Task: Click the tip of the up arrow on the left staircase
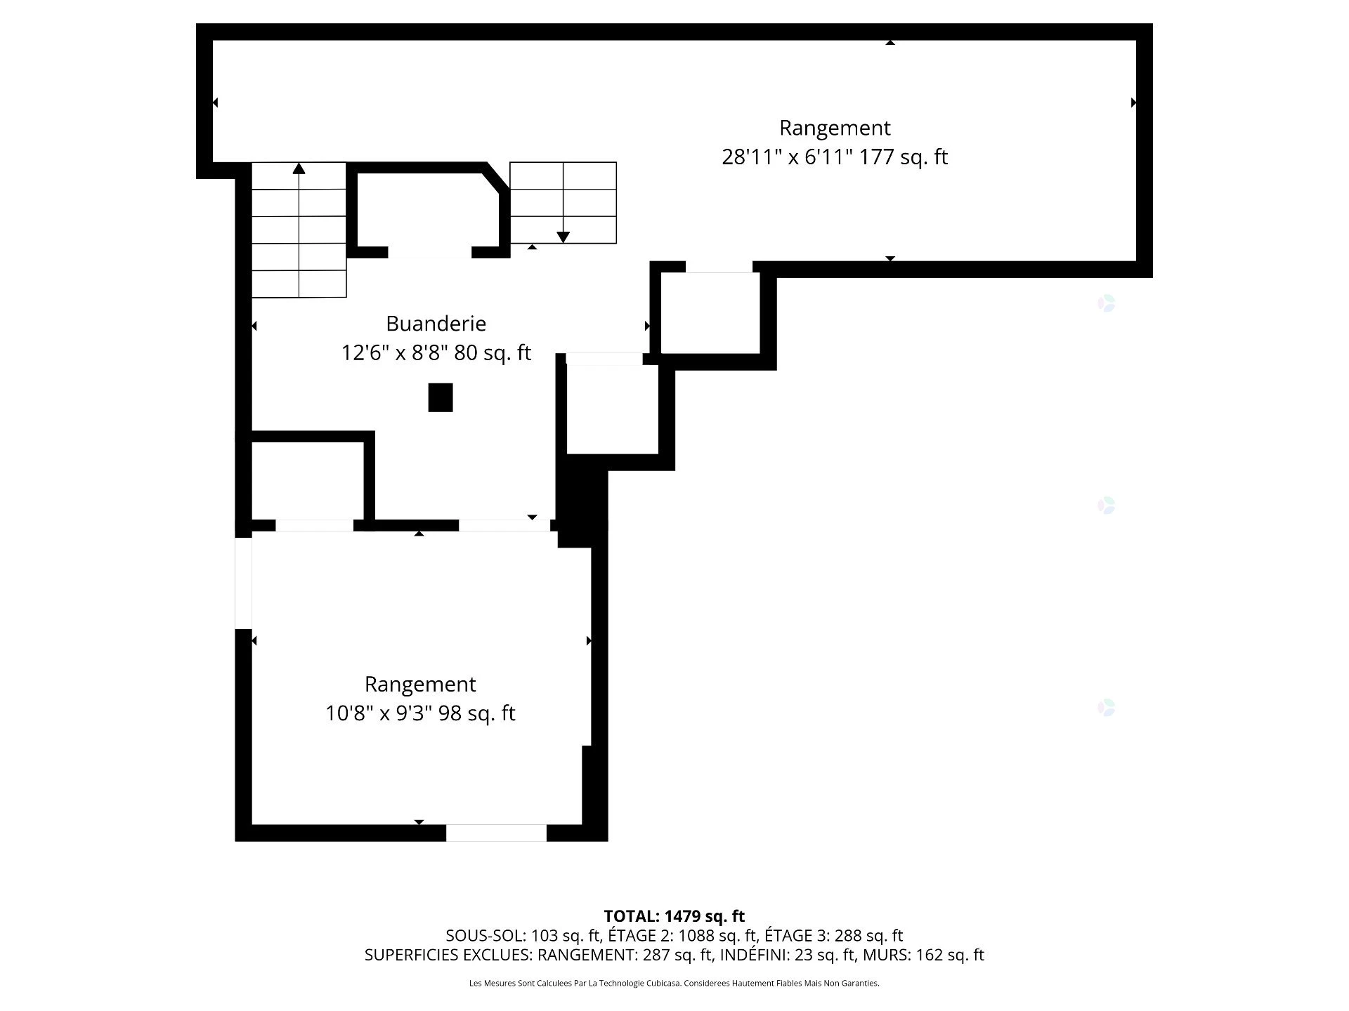tap(299, 164)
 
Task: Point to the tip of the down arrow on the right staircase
tap(563, 242)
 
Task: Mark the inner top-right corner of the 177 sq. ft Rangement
tap(1135, 41)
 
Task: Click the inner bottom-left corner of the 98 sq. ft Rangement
tap(252, 824)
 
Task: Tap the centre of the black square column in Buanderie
tap(441, 397)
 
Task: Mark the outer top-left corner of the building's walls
tap(197, 24)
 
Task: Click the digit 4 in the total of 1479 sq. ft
tap(673, 916)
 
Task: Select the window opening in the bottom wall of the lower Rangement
tap(496, 833)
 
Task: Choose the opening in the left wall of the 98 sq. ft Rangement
tap(243, 583)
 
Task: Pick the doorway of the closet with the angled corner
tap(429, 253)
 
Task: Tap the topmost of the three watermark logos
tap(1107, 303)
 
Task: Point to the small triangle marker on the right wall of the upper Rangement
tap(1133, 103)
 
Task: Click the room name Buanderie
tap(436, 324)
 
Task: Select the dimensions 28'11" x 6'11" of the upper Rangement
tap(787, 157)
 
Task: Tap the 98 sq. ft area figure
tap(477, 713)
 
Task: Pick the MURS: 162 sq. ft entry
tap(923, 955)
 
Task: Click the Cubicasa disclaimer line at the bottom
tap(674, 984)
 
